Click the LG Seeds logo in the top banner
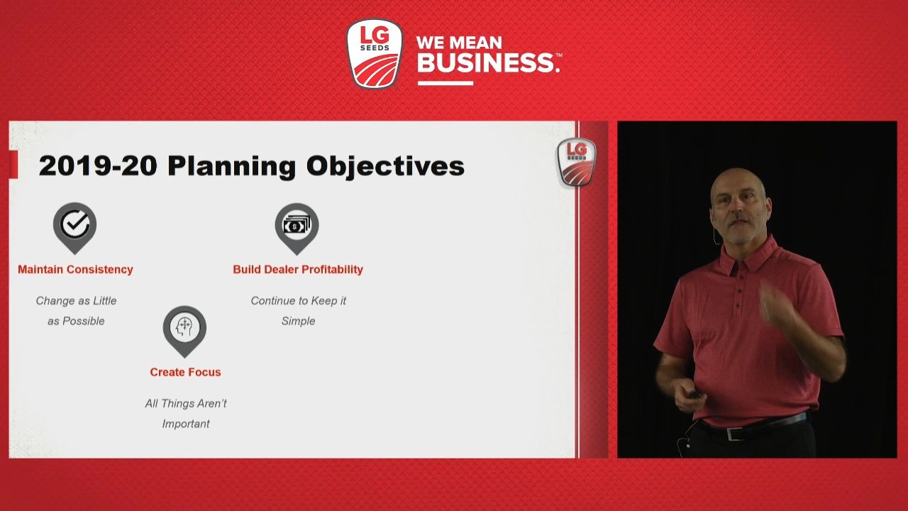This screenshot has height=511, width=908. tap(374, 53)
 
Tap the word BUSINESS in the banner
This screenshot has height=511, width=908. tap(487, 62)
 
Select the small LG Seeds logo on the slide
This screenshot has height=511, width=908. tap(577, 163)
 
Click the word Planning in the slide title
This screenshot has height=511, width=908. tap(231, 166)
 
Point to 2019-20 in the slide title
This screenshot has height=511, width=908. tap(98, 166)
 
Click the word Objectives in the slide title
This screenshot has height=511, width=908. tap(385, 166)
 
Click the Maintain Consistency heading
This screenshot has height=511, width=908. tap(75, 270)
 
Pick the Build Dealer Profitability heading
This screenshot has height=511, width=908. tap(298, 270)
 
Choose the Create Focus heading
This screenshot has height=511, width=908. tap(185, 373)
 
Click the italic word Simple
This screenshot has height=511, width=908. tap(299, 322)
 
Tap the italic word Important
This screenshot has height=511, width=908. tap(186, 424)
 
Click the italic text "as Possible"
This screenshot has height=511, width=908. tap(76, 322)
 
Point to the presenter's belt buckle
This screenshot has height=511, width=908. tap(734, 434)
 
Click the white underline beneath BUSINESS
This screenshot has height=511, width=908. tap(445, 83)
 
